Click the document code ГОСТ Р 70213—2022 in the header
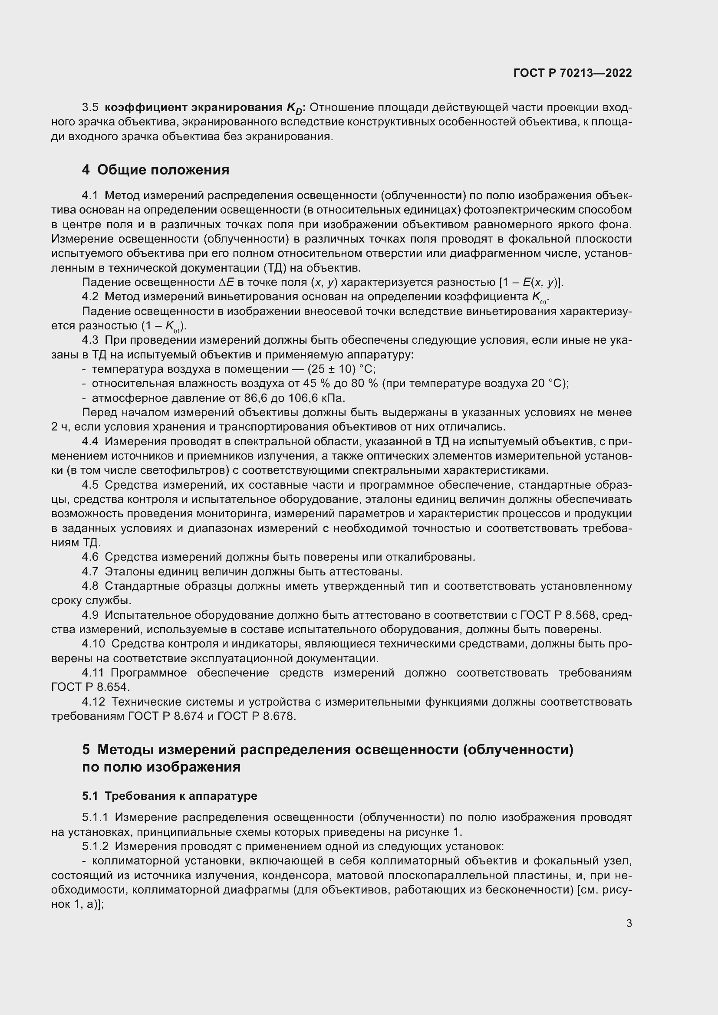click(573, 73)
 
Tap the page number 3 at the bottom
click(629, 923)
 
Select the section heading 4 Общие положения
click(156, 170)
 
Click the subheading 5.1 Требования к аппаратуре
click(169, 796)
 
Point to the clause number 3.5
click(90, 108)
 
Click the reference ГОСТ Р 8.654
click(91, 687)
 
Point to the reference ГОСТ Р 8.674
click(166, 716)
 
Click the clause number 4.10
click(93, 644)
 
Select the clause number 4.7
click(90, 572)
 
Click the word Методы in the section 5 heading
click(125, 750)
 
